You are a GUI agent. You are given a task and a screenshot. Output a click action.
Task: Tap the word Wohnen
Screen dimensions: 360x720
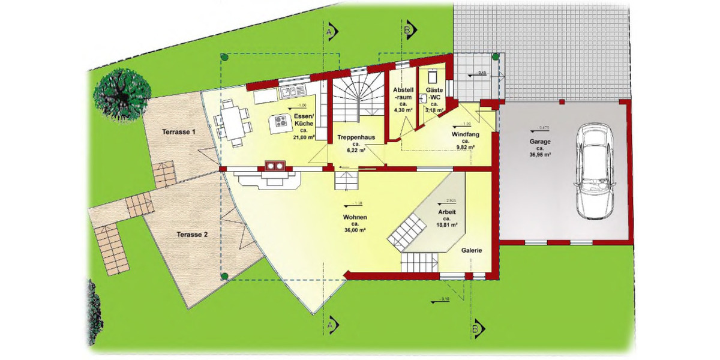(x=355, y=217)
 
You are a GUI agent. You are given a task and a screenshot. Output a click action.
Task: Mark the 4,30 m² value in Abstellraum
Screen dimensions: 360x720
(x=402, y=110)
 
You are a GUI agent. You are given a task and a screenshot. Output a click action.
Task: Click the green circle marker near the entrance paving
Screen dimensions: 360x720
(x=496, y=58)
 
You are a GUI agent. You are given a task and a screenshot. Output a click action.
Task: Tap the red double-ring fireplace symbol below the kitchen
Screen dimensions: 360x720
(x=275, y=166)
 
